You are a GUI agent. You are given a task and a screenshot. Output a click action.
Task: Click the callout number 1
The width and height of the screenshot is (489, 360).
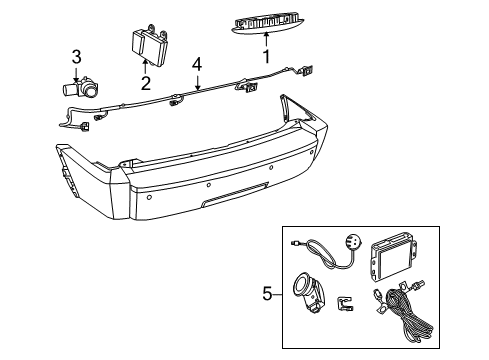[x=267, y=57]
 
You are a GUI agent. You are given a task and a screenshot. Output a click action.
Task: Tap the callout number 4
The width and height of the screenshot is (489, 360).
[x=198, y=64]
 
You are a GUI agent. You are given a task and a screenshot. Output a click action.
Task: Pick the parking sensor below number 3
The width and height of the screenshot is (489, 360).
[x=84, y=87]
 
